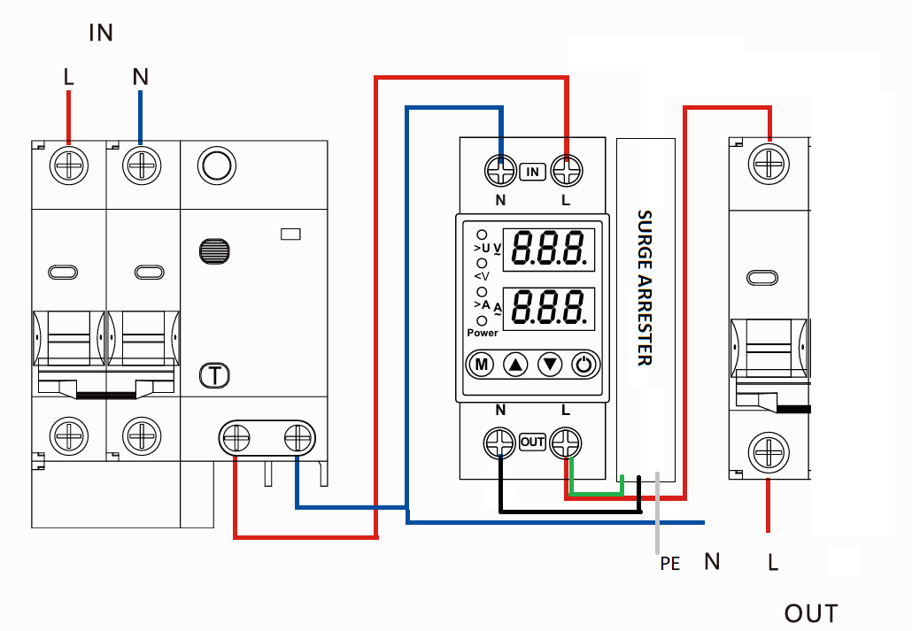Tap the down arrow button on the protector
click(551, 364)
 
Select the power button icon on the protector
click(585, 364)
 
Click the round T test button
click(214, 376)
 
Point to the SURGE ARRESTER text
click(645, 288)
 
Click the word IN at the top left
click(101, 34)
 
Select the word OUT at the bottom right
click(810, 613)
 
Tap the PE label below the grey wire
click(669, 563)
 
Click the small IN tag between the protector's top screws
click(532, 171)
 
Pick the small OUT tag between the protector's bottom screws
click(532, 442)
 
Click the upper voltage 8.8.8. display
click(550, 250)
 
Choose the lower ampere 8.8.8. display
click(550, 307)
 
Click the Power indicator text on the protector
click(483, 333)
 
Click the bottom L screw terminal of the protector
click(566, 442)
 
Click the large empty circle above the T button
click(215, 165)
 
